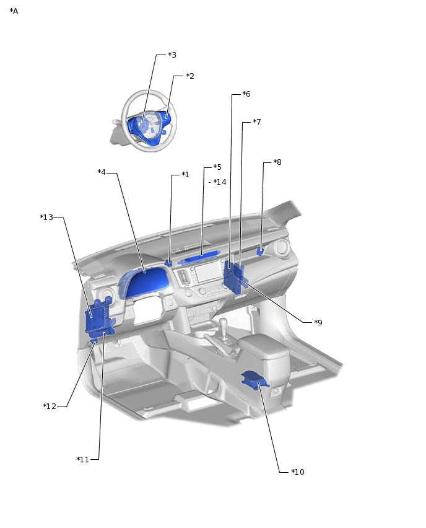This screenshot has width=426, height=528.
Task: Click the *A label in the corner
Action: [x=14, y=11]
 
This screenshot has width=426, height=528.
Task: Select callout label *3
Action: [x=172, y=55]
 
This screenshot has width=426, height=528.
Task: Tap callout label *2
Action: [x=190, y=76]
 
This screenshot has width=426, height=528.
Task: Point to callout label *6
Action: [x=246, y=94]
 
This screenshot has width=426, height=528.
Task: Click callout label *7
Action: [x=257, y=122]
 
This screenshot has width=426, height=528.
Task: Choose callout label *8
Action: [x=277, y=162]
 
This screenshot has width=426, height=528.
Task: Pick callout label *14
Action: [x=220, y=182]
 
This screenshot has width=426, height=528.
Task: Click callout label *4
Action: [x=102, y=172]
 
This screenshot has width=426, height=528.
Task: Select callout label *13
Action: [x=47, y=218]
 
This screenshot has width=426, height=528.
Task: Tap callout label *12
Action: [x=50, y=407]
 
